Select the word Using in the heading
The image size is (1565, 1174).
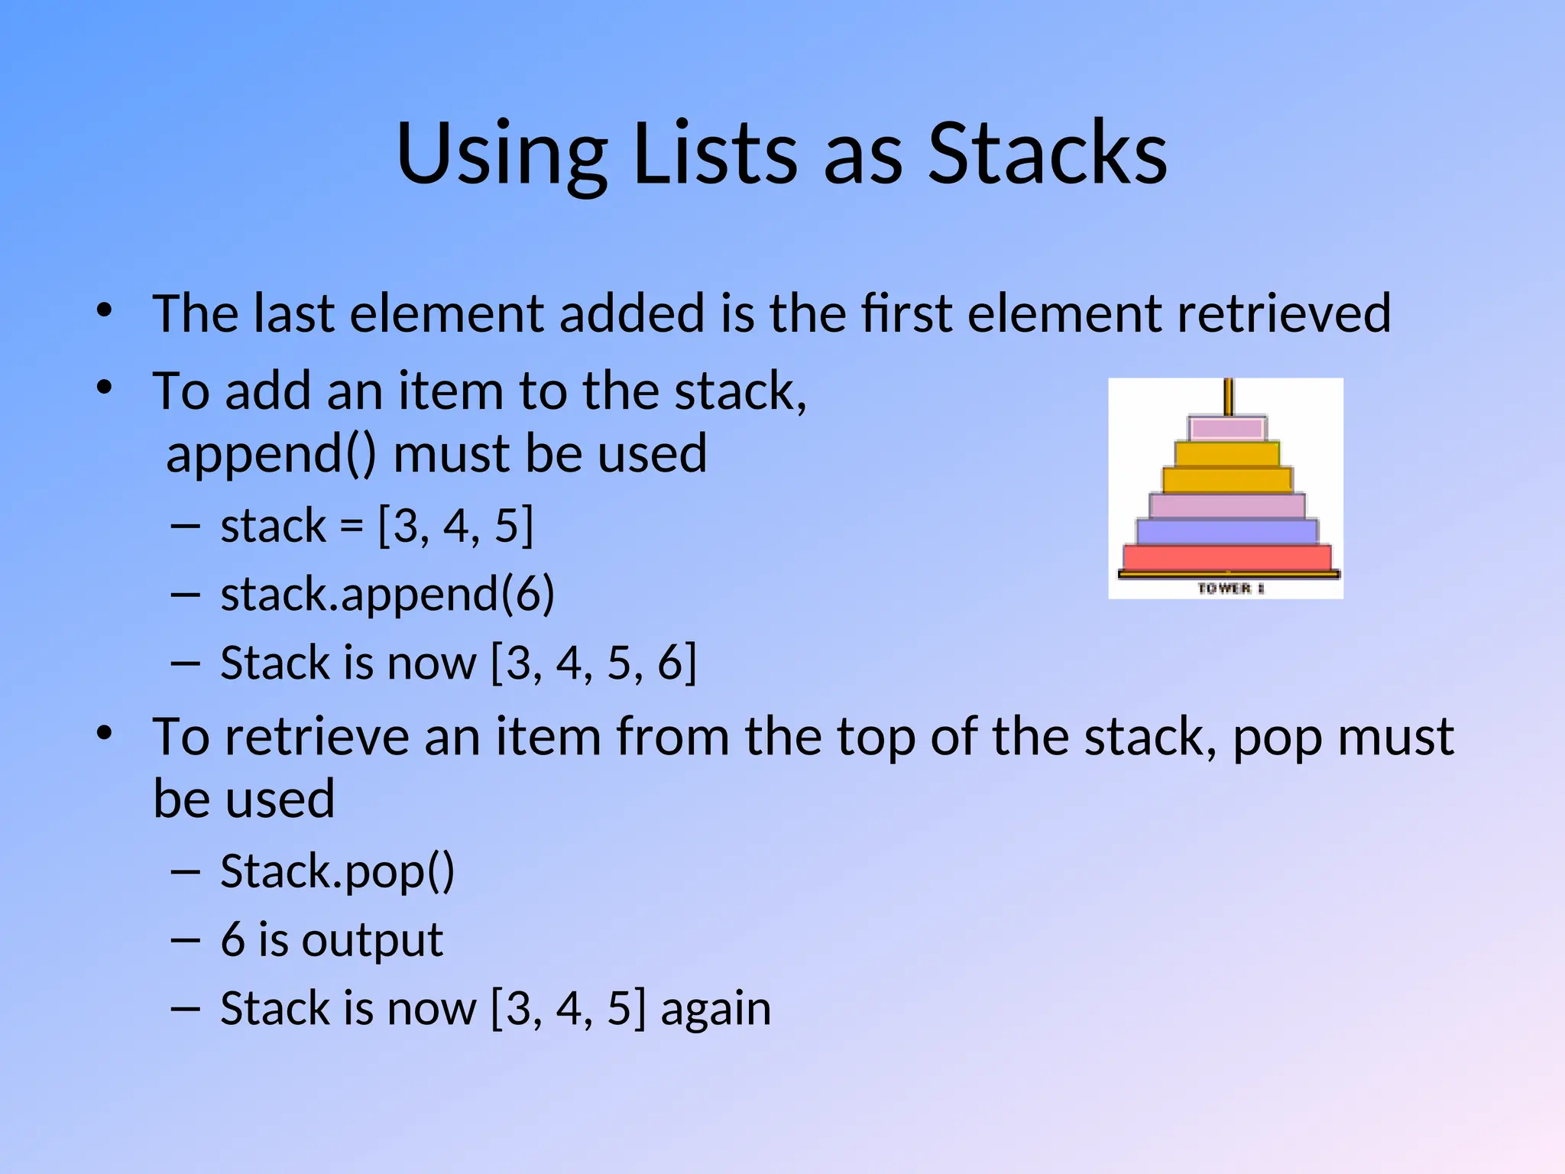point(501,157)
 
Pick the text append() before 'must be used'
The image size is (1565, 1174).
point(271,455)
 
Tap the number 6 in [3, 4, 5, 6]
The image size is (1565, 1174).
point(670,663)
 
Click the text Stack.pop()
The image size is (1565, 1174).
point(337,872)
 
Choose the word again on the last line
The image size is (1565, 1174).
point(715,1010)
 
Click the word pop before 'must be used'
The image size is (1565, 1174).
point(1277,738)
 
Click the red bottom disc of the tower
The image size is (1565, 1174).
point(1227,557)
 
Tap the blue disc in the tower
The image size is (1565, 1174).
point(1227,531)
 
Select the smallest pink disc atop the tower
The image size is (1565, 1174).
point(1227,428)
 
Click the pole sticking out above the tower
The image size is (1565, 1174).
point(1228,397)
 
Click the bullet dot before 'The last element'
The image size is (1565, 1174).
point(105,311)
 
